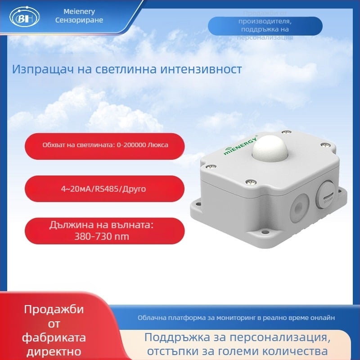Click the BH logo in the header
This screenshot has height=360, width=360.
[x=22, y=19]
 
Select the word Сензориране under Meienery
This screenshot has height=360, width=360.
[x=79, y=20]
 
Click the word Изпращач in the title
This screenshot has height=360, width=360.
[x=38, y=70]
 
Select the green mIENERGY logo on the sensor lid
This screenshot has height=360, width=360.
[x=240, y=144]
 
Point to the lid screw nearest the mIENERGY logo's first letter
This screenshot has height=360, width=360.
[x=210, y=166]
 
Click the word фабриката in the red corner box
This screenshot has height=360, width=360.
[x=54, y=337]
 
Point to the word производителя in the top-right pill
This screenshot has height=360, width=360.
[x=265, y=22]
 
